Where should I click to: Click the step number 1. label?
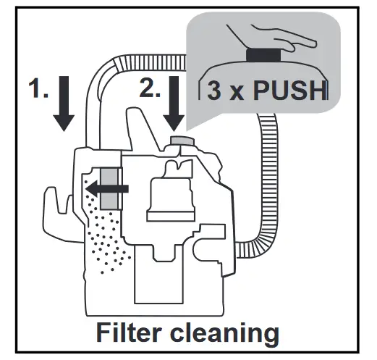point(38,89)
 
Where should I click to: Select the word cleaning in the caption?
point(230,334)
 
